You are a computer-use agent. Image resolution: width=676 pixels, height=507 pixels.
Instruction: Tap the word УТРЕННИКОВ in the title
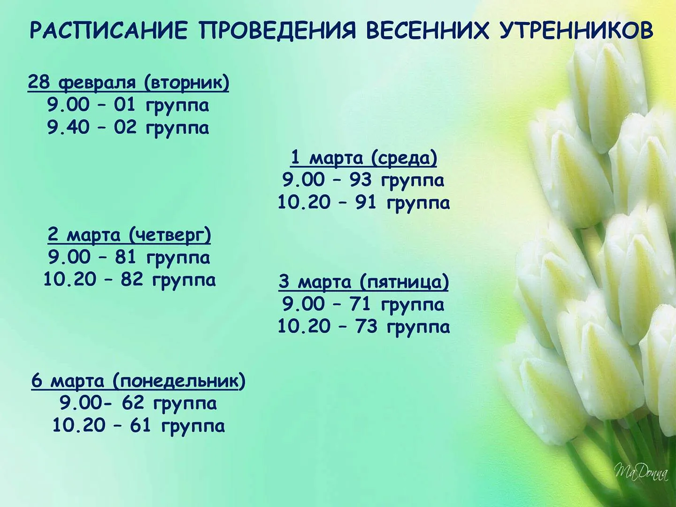point(576,31)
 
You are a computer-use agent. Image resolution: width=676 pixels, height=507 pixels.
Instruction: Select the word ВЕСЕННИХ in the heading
point(428,31)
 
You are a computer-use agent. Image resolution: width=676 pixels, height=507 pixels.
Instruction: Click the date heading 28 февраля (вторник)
point(129,83)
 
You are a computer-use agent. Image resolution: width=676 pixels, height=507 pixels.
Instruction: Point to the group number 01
point(125,105)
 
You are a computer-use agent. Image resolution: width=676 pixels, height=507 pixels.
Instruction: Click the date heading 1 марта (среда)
point(364,158)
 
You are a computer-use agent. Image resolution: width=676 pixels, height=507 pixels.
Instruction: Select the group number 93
point(361,180)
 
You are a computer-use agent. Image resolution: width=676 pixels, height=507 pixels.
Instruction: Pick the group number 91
point(366,202)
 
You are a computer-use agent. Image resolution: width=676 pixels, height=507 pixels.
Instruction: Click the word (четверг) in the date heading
point(170,236)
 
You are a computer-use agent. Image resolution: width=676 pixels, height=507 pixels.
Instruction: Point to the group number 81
point(126,257)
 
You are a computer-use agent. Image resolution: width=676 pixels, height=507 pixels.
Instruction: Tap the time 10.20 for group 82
point(70,279)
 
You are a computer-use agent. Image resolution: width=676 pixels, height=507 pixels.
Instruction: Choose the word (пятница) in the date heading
point(404,282)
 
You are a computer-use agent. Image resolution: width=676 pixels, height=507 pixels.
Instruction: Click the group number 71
point(360,304)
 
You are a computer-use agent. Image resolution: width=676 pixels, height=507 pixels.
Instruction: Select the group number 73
point(367,326)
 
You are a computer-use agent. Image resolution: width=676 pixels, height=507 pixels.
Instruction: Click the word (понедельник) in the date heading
point(179,381)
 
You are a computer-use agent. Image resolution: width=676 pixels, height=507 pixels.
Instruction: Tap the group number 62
point(133,403)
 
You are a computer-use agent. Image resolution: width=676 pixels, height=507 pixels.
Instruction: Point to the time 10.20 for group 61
point(79,426)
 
